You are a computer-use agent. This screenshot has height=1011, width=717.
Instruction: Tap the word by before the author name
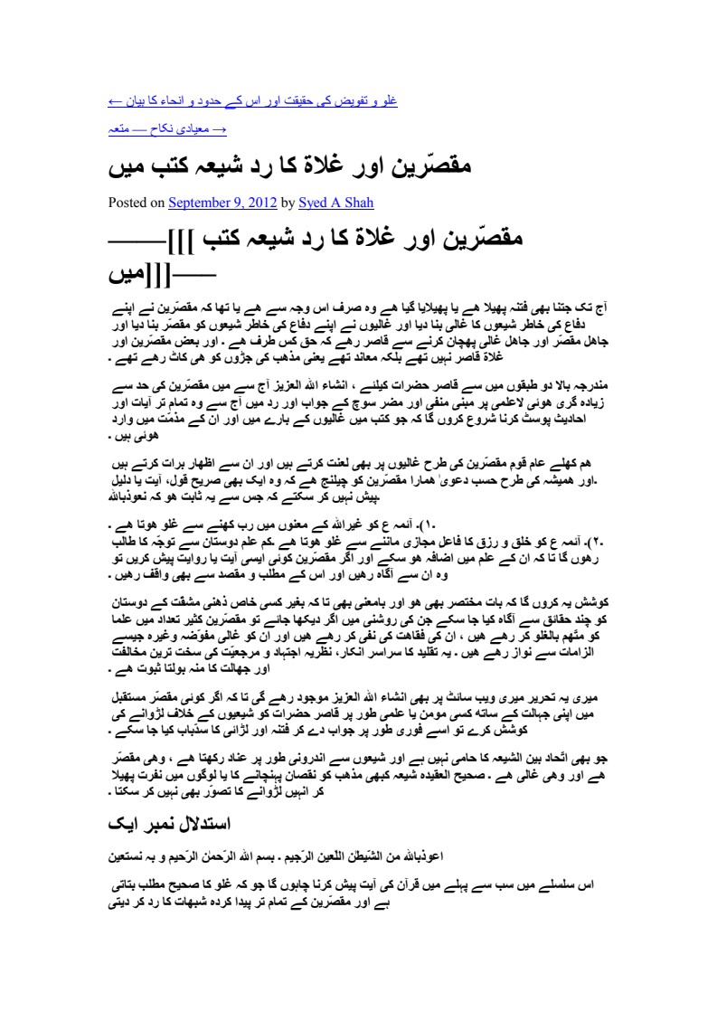[288, 203]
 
